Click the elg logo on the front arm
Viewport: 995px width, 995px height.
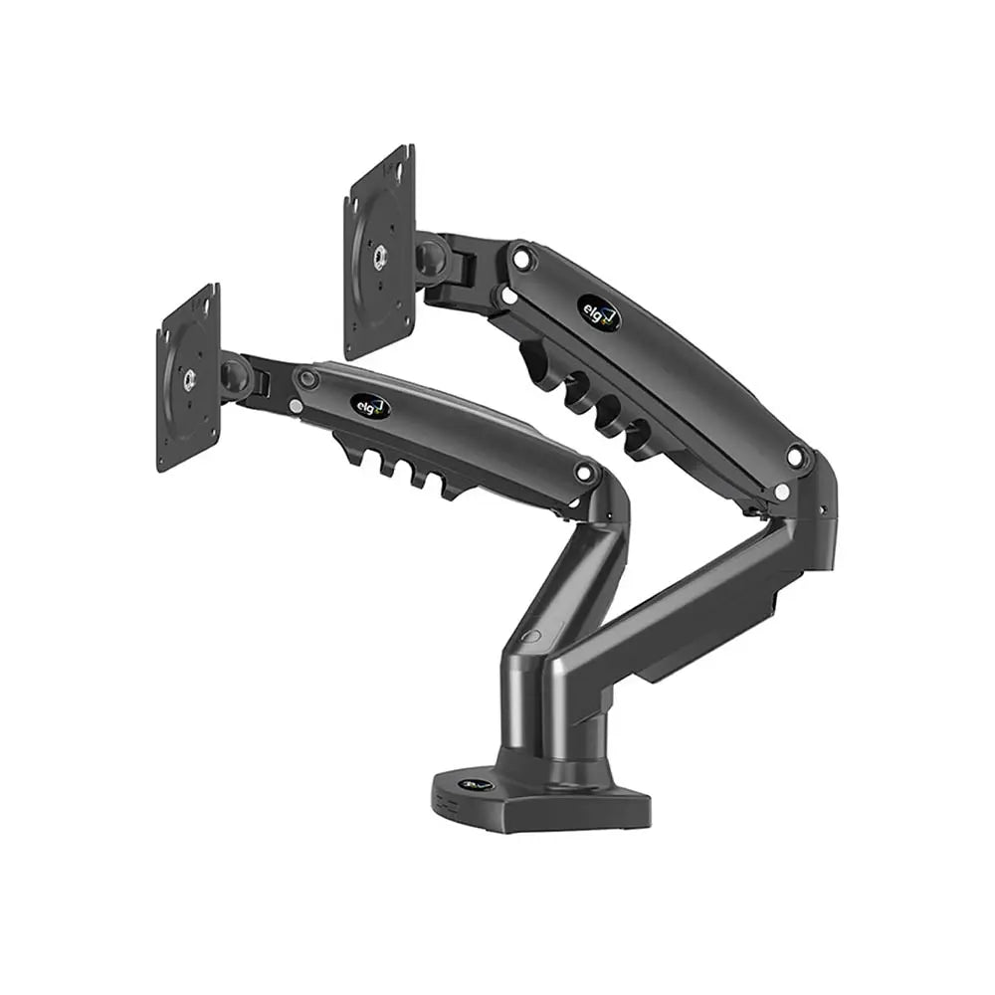[369, 406]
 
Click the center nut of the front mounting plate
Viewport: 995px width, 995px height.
[188, 379]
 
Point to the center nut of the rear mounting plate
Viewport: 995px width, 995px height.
[379, 256]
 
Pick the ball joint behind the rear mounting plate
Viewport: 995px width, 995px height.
[431, 256]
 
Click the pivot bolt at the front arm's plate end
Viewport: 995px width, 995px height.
[307, 379]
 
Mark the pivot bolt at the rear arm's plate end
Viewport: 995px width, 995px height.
[521, 258]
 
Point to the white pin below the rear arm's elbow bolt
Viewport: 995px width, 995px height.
[782, 492]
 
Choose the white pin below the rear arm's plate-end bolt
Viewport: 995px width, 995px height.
[508, 295]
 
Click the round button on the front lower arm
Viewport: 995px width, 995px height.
[533, 637]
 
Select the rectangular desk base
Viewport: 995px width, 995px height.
[542, 796]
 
